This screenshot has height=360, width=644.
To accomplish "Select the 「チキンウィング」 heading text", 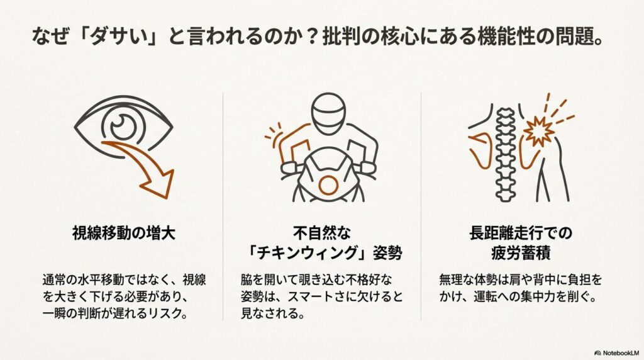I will click(x=322, y=255).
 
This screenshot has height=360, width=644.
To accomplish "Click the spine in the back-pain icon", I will click(x=503, y=151).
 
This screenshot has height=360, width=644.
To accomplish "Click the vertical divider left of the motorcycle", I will click(x=224, y=208).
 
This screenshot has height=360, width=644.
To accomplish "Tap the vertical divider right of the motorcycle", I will click(x=421, y=208).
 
